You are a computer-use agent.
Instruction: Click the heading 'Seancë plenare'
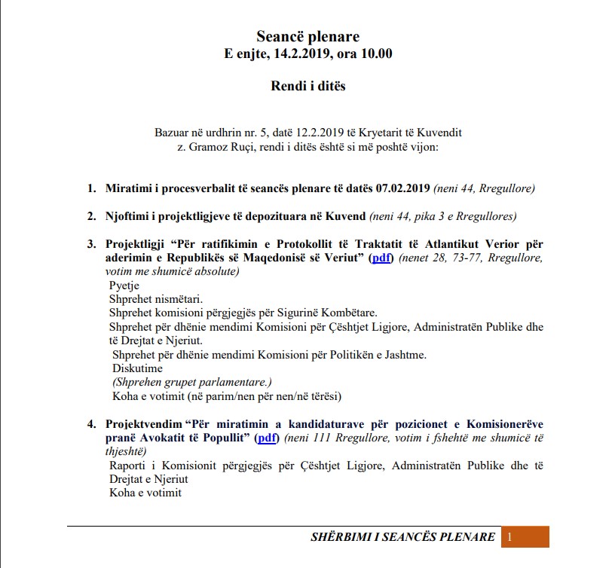pyautogui.click(x=307, y=36)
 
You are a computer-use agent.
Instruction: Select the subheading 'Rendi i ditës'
pyautogui.click(x=307, y=86)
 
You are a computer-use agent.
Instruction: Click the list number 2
pyautogui.click(x=91, y=216)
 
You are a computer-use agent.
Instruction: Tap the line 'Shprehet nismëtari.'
pyautogui.click(x=155, y=299)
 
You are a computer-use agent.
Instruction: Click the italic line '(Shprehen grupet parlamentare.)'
pyautogui.click(x=191, y=382)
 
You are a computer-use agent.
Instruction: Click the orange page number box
pyautogui.click(x=525, y=536)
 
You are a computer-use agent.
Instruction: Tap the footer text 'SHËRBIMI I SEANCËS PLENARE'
pyautogui.click(x=402, y=537)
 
